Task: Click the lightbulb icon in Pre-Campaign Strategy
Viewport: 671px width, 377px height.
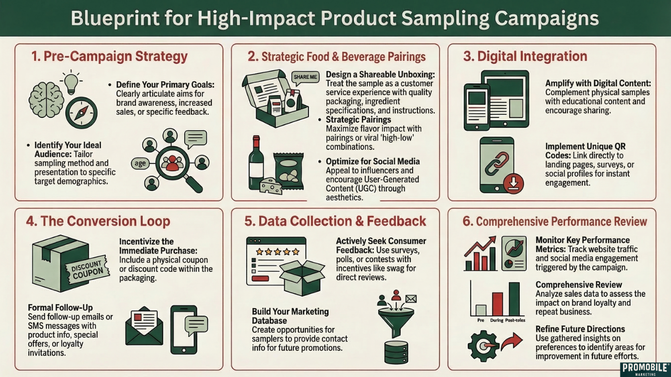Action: [72, 81]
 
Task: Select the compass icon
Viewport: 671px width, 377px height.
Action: [82, 112]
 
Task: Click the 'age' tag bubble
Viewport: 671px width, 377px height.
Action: [141, 163]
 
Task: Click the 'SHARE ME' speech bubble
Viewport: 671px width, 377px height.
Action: [305, 77]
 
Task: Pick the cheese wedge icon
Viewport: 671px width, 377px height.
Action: [271, 186]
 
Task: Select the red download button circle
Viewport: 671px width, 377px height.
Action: [514, 184]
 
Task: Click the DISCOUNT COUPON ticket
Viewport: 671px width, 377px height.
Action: [87, 268]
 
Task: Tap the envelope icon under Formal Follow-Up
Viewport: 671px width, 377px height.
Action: [143, 326]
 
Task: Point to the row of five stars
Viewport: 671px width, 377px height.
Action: [278, 251]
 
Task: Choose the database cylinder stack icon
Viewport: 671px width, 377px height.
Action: [395, 352]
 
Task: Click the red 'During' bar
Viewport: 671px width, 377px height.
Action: [497, 304]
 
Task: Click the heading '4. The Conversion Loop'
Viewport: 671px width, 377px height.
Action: [98, 221]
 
